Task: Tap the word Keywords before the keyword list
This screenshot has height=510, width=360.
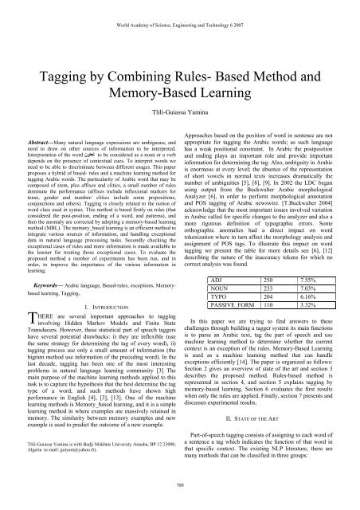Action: [41, 259]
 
